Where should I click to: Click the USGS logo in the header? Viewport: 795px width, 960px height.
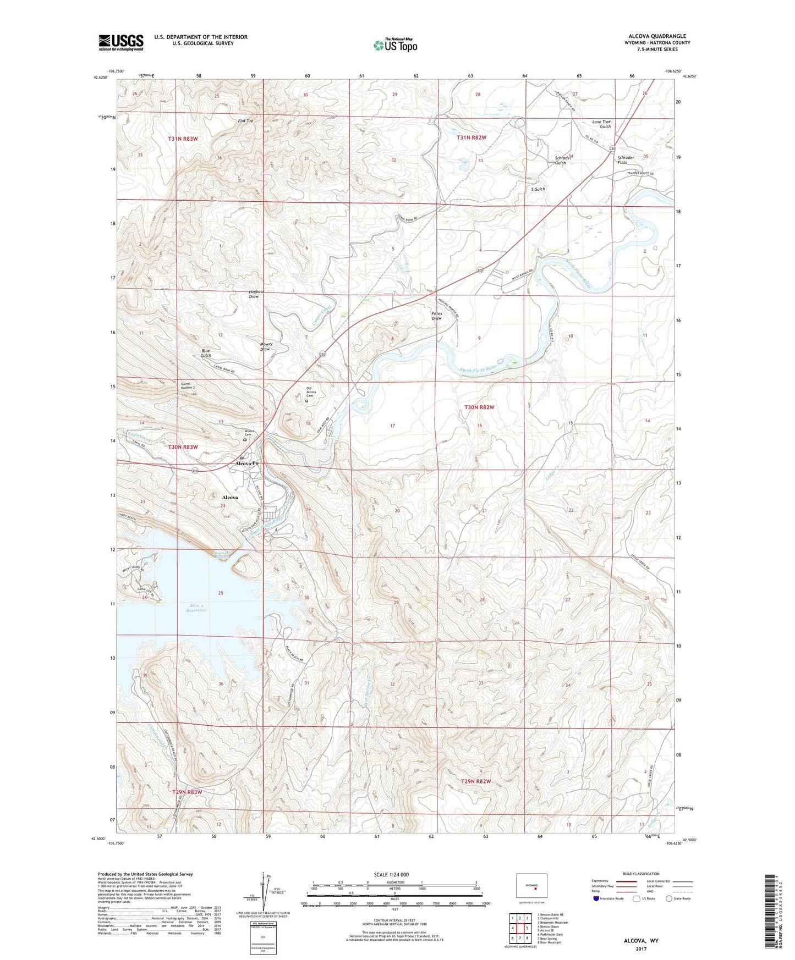coord(121,42)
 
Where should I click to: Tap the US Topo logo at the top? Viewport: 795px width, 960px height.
coord(395,45)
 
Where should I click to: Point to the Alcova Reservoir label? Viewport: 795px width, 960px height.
coord(195,608)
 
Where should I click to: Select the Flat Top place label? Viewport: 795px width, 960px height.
coord(245,120)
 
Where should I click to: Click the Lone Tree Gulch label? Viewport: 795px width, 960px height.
coord(601,124)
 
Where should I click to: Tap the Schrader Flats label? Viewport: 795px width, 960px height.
coord(626,160)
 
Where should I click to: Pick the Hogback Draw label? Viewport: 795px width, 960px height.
coord(254,294)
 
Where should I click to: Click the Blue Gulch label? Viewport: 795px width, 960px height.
coord(206,353)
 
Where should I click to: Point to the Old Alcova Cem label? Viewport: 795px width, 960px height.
coord(309,392)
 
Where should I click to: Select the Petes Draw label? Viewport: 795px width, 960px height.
coord(436,316)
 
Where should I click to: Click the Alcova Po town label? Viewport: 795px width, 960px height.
coord(246,464)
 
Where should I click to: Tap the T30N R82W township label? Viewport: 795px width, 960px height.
coord(479,407)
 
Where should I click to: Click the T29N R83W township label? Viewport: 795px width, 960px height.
coord(187,792)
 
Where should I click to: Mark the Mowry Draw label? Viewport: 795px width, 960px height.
coord(266,346)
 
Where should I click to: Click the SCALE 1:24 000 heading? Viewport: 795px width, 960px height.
coord(391,875)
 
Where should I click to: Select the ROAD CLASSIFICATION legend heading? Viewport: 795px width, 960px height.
coord(641,874)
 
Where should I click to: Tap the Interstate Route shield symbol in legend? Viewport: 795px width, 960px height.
coord(597,898)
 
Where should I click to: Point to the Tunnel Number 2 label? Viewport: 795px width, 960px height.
coord(184,385)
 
